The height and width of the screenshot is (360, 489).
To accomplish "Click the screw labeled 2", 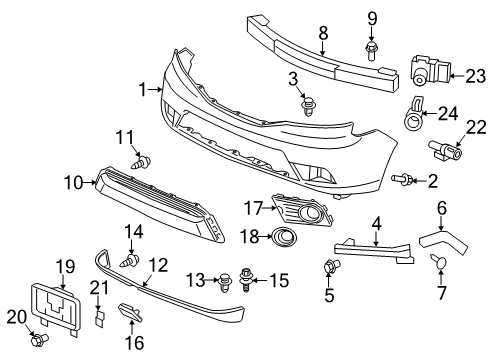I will point(402,179).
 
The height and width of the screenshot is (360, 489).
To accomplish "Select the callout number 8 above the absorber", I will point(323,32).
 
